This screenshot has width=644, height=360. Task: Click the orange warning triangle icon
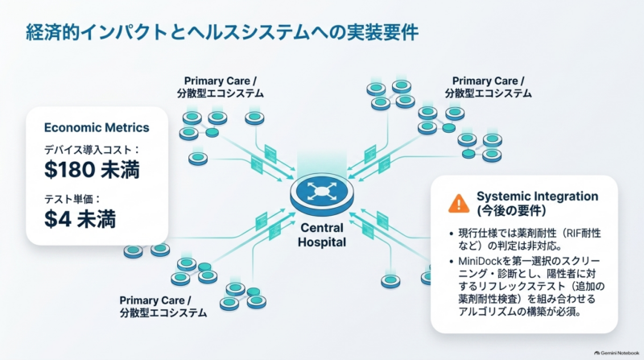[x=459, y=203]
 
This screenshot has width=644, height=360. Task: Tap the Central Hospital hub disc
[x=321, y=194]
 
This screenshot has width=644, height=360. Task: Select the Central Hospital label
[x=322, y=235]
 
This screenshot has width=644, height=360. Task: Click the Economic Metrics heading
[x=97, y=127]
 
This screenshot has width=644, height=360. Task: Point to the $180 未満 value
[x=92, y=169]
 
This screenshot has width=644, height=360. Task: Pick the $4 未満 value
[x=80, y=218]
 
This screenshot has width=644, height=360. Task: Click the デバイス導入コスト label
[x=88, y=150]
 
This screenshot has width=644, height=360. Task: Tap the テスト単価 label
[x=68, y=199]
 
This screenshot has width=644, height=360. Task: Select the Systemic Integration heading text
[x=537, y=197]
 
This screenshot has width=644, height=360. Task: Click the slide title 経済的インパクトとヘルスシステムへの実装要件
[x=222, y=33]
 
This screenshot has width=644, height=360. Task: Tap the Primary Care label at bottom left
[x=163, y=307]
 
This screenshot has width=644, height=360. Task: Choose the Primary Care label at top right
[x=488, y=87]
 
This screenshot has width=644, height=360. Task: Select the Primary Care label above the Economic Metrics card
[x=220, y=87]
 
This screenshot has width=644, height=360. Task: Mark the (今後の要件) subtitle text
[x=511, y=211]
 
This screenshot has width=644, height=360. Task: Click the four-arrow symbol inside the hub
[x=321, y=191]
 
